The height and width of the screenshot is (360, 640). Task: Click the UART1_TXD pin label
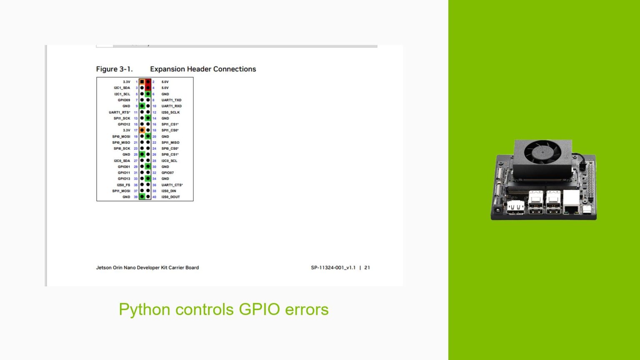[171, 100]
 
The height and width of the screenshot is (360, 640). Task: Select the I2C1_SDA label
[122, 88]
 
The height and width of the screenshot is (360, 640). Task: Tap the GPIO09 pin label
[124, 100]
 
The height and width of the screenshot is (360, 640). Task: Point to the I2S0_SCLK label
[170, 112]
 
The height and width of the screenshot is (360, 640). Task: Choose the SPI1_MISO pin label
[170, 142]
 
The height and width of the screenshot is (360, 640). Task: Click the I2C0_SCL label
[169, 161]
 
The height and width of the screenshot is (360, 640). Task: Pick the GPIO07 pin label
[167, 172]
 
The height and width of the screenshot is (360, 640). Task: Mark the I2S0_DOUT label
[170, 197]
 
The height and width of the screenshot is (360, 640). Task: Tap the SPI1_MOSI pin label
[121, 191]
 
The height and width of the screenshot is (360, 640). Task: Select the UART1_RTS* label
[119, 112]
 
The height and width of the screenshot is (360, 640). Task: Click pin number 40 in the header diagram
[154, 197]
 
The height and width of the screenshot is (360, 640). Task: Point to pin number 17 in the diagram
[135, 130]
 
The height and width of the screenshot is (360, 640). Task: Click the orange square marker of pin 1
[142, 82]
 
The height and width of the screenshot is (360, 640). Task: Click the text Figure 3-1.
[114, 69]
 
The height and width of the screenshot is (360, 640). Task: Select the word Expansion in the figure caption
[167, 69]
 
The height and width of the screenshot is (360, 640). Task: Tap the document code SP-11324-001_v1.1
[333, 267]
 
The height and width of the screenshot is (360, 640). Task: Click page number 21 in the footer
[367, 267]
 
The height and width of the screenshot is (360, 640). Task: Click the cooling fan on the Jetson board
[542, 152]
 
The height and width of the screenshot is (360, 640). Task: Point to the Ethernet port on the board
[570, 208]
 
